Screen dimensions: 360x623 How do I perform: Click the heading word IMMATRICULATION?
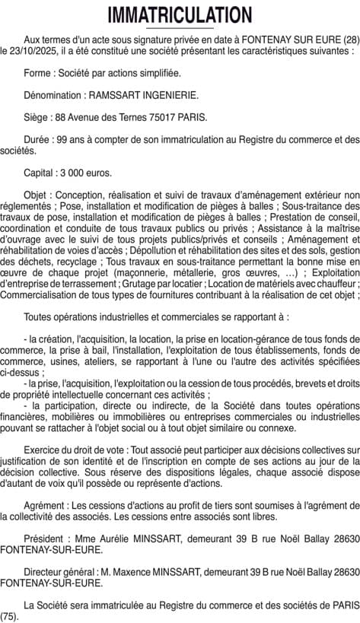(180, 14)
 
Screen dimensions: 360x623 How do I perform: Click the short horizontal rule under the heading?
(180, 28)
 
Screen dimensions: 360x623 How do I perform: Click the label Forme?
(38, 73)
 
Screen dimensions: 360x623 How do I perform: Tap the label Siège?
(37, 117)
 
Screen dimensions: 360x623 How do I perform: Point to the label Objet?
(37, 195)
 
